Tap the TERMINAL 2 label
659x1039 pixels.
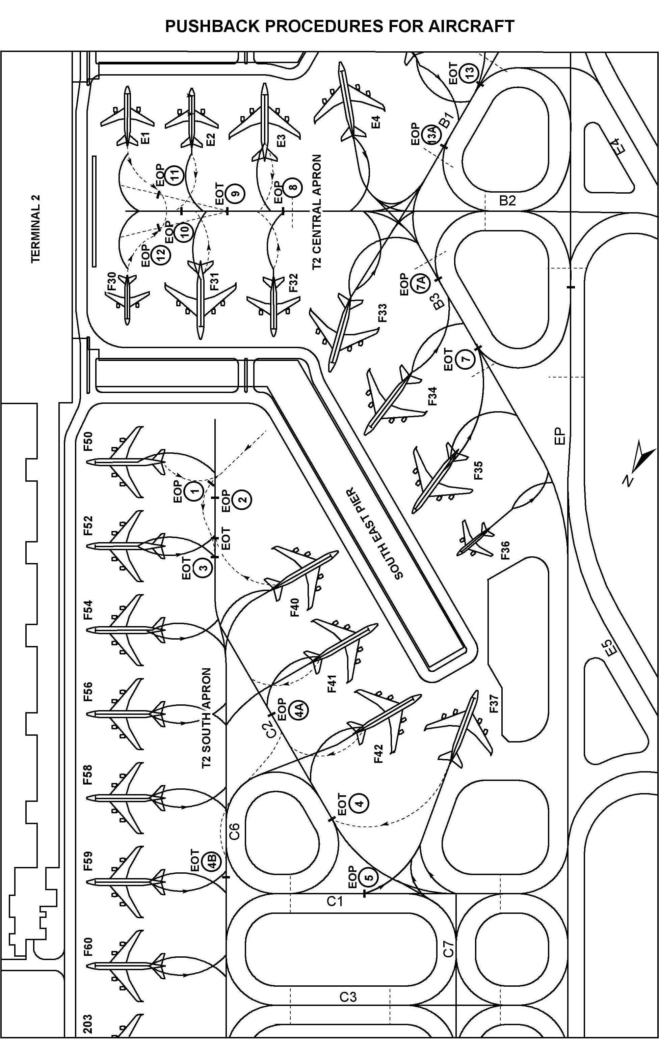[x=36, y=229]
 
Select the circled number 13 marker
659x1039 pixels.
[x=469, y=71]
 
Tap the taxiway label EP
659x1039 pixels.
[x=560, y=436]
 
